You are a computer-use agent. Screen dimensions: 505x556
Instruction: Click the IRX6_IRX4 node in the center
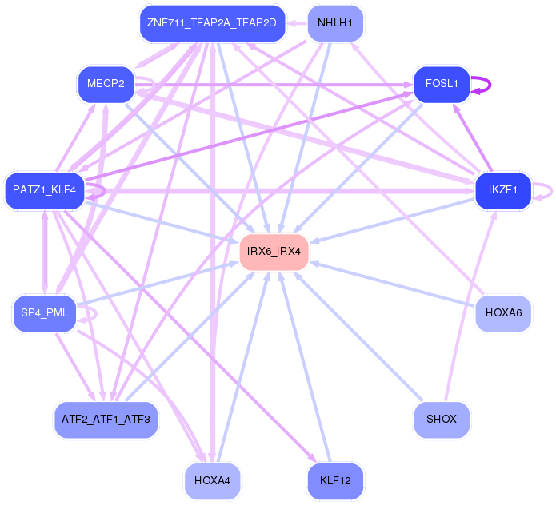click(274, 251)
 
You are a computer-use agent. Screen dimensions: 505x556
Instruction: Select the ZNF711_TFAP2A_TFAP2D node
click(212, 22)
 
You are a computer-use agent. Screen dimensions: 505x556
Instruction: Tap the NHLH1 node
click(334, 22)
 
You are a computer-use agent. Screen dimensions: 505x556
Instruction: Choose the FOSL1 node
click(441, 84)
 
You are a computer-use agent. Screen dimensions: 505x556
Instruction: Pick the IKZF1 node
click(503, 190)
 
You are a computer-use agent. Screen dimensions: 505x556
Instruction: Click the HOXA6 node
click(503, 312)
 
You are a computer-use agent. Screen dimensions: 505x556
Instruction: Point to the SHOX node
click(441, 419)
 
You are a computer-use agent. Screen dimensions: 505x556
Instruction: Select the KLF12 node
click(334, 480)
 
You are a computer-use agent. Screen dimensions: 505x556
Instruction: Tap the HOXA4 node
click(212, 480)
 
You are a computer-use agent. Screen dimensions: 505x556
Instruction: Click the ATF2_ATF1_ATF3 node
click(106, 419)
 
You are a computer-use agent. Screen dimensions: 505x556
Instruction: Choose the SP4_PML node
click(45, 312)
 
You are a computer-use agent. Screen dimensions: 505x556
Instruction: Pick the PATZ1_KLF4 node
click(45, 190)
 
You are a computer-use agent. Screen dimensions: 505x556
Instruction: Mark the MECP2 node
click(106, 84)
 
